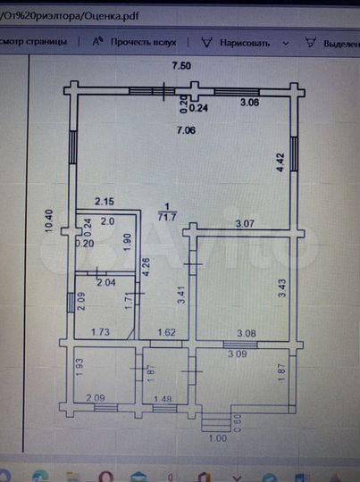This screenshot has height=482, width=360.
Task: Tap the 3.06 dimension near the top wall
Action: click(x=250, y=104)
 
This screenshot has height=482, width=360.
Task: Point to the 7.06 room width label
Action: click(x=186, y=132)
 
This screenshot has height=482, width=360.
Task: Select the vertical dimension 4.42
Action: click(x=280, y=162)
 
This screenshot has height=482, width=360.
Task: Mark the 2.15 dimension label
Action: click(x=105, y=203)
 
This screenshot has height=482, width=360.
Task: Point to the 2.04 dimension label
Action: click(x=105, y=283)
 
